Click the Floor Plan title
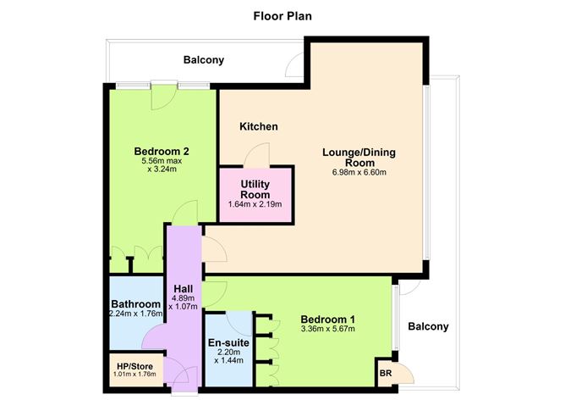coord(282,16)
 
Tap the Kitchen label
coord(259,127)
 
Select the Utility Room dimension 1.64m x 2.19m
coord(255,204)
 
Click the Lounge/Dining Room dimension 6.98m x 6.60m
coord(359,172)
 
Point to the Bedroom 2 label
coord(162,151)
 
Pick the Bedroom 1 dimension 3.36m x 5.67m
coord(328,329)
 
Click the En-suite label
coord(228,342)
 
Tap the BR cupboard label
coord(386,373)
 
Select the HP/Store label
coord(134,367)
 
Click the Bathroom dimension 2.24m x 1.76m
coord(136,314)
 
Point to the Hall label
coord(184,289)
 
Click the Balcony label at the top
coord(204,60)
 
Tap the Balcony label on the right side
coord(429,327)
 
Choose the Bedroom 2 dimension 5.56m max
coord(162,161)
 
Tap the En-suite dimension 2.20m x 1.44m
coord(228,356)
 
